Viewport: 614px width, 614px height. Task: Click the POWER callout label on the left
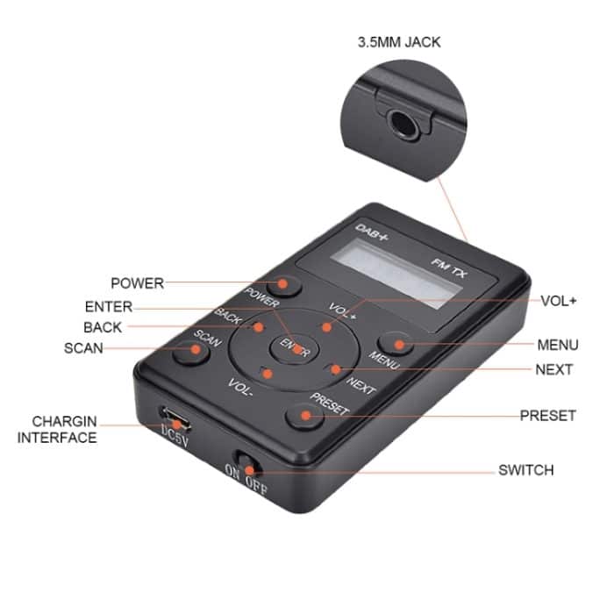137,283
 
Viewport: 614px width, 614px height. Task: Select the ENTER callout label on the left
109,307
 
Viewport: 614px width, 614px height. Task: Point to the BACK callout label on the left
103,327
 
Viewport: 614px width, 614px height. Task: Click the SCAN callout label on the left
83,348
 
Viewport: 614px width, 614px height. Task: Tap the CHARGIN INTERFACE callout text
57,429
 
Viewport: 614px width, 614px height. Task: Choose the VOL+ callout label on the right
559,300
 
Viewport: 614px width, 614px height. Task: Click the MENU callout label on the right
557,346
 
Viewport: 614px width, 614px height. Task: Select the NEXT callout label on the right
554,369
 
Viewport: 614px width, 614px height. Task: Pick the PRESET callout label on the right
547,415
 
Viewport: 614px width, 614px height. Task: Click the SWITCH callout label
526,470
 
